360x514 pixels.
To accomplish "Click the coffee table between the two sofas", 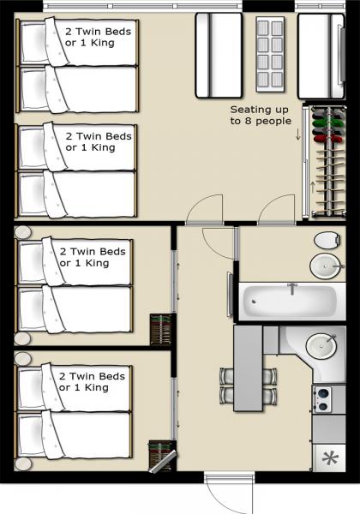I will tap(269, 53).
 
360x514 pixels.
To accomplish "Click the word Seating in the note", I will tap(249, 110).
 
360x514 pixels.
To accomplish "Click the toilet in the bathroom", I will tap(327, 239).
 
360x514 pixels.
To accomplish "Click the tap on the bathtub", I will tap(291, 289).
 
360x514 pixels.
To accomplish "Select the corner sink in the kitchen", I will tap(323, 345).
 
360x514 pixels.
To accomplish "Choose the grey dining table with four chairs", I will tap(248, 368).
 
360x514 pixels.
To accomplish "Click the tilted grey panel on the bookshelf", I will tap(162, 460).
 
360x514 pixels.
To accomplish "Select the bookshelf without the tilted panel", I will tap(160, 330).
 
